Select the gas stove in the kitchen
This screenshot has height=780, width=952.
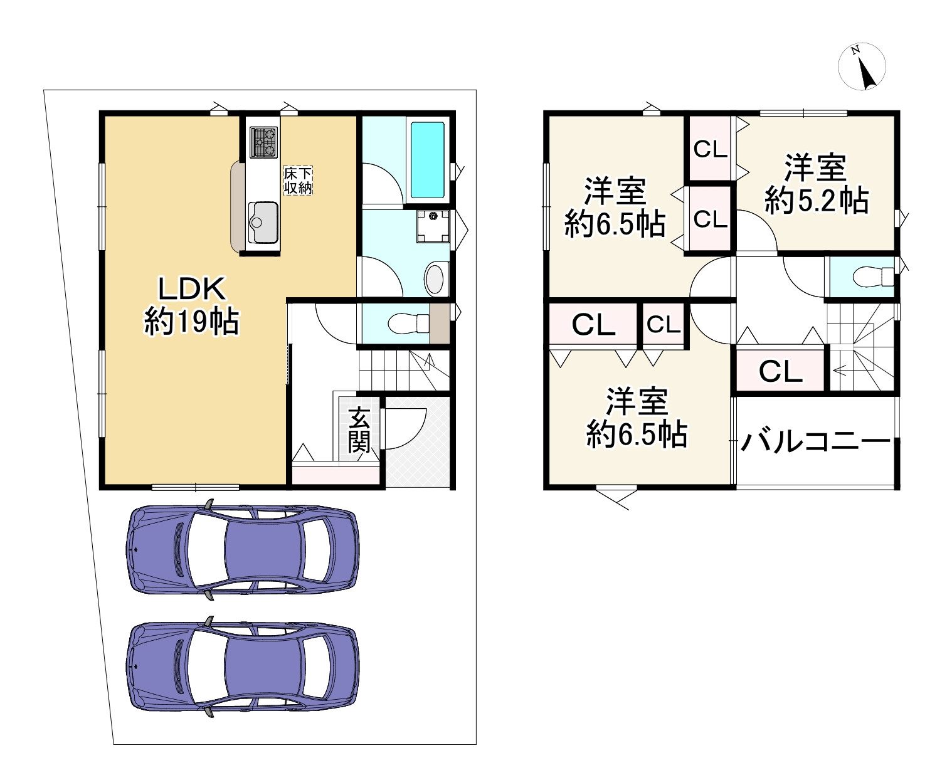click(x=263, y=142)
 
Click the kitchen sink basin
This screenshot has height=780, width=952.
click(x=263, y=222)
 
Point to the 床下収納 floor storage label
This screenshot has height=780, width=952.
click(x=297, y=181)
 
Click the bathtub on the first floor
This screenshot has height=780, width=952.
click(x=427, y=160)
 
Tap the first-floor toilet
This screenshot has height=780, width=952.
click(x=408, y=323)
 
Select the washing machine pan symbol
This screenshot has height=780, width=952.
click(x=433, y=226)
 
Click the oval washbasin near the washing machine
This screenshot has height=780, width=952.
click(x=435, y=280)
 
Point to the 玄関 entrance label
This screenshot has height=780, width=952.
click(x=359, y=430)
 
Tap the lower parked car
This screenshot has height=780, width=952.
click(x=243, y=667)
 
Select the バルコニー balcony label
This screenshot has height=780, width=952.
click(x=816, y=442)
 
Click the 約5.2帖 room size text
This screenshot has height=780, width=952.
click(x=816, y=200)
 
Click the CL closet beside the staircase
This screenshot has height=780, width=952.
click(x=780, y=371)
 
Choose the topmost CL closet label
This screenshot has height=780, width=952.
click(x=710, y=149)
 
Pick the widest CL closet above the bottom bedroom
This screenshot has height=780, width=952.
click(x=593, y=324)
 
